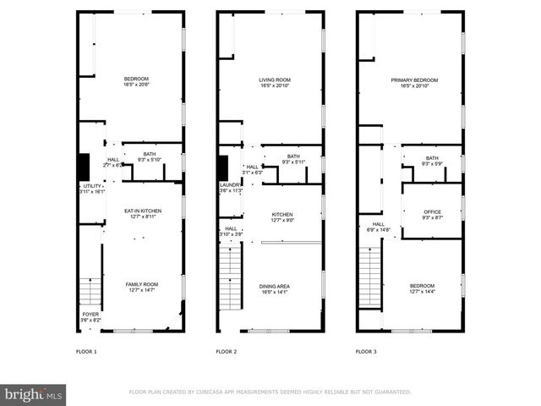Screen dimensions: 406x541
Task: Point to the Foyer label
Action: pos(90,317)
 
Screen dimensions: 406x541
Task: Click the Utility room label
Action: pos(91,189)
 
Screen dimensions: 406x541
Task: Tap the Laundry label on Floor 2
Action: pos(231,188)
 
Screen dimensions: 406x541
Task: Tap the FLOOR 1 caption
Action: pos(87,351)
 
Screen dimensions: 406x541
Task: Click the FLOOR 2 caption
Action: pos(226,351)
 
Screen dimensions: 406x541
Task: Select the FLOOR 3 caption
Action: pos(365,351)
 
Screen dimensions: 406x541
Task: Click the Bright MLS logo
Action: pos(34,394)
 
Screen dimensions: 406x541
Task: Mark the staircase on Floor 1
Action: pos(90,293)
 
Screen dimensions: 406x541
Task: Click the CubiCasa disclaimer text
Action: pos(270,392)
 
